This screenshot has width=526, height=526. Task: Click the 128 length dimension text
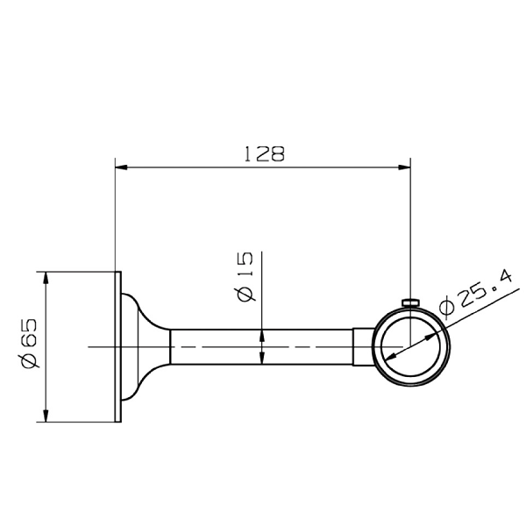pos(265,154)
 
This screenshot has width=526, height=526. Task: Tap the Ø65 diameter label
pos(29,342)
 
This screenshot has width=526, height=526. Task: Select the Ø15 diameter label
pos(245,276)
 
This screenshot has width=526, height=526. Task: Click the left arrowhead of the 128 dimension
pos(122,167)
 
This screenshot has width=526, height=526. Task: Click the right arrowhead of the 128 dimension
pos(404,167)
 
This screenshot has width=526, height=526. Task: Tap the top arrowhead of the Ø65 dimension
pos(46,278)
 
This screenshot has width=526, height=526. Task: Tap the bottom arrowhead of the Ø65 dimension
pos(46,416)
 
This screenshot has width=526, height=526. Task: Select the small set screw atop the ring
pos(410,302)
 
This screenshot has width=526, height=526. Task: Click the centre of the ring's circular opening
pos(411,346)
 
